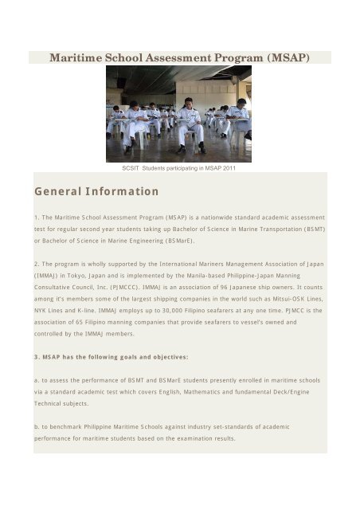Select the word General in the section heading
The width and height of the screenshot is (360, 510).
(x=61, y=191)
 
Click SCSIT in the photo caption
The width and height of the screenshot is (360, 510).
(x=131, y=168)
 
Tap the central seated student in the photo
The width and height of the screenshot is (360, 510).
(x=190, y=124)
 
